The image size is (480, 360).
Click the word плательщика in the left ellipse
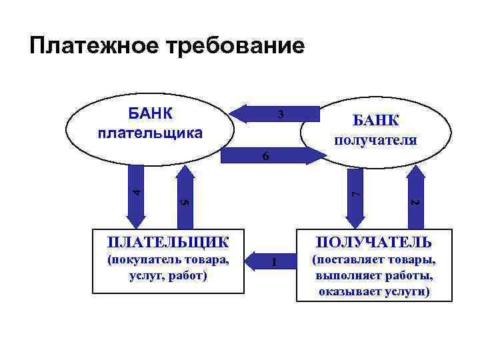click(150, 133)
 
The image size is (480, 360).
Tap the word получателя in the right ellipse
click(375, 140)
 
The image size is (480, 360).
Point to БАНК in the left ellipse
click(150, 113)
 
